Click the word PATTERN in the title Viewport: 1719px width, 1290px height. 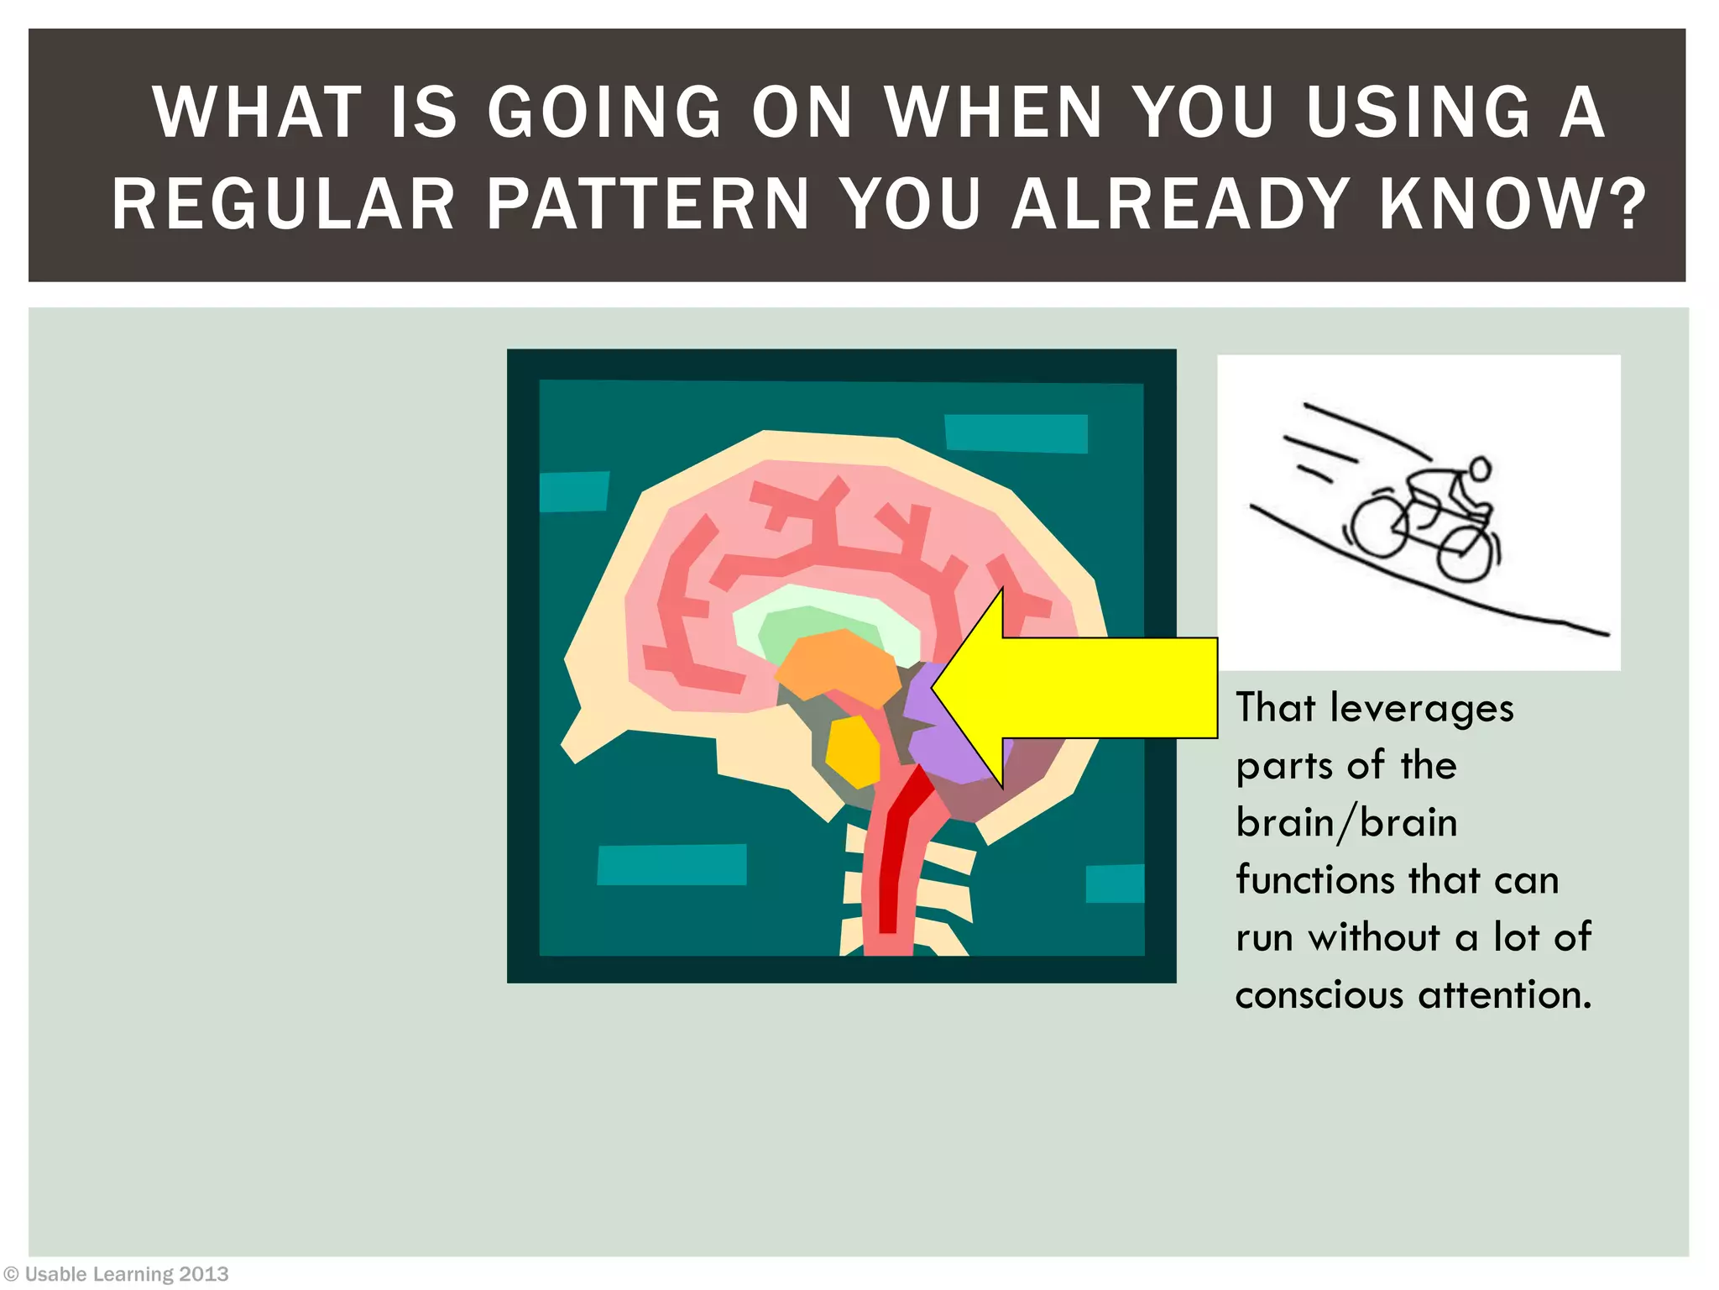647,204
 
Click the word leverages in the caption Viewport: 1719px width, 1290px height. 1422,708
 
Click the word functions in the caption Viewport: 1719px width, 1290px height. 1314,881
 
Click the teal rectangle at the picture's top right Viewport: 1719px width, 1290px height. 1016,433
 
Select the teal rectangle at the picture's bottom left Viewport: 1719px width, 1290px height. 671,864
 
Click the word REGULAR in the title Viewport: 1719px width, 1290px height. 284,204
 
